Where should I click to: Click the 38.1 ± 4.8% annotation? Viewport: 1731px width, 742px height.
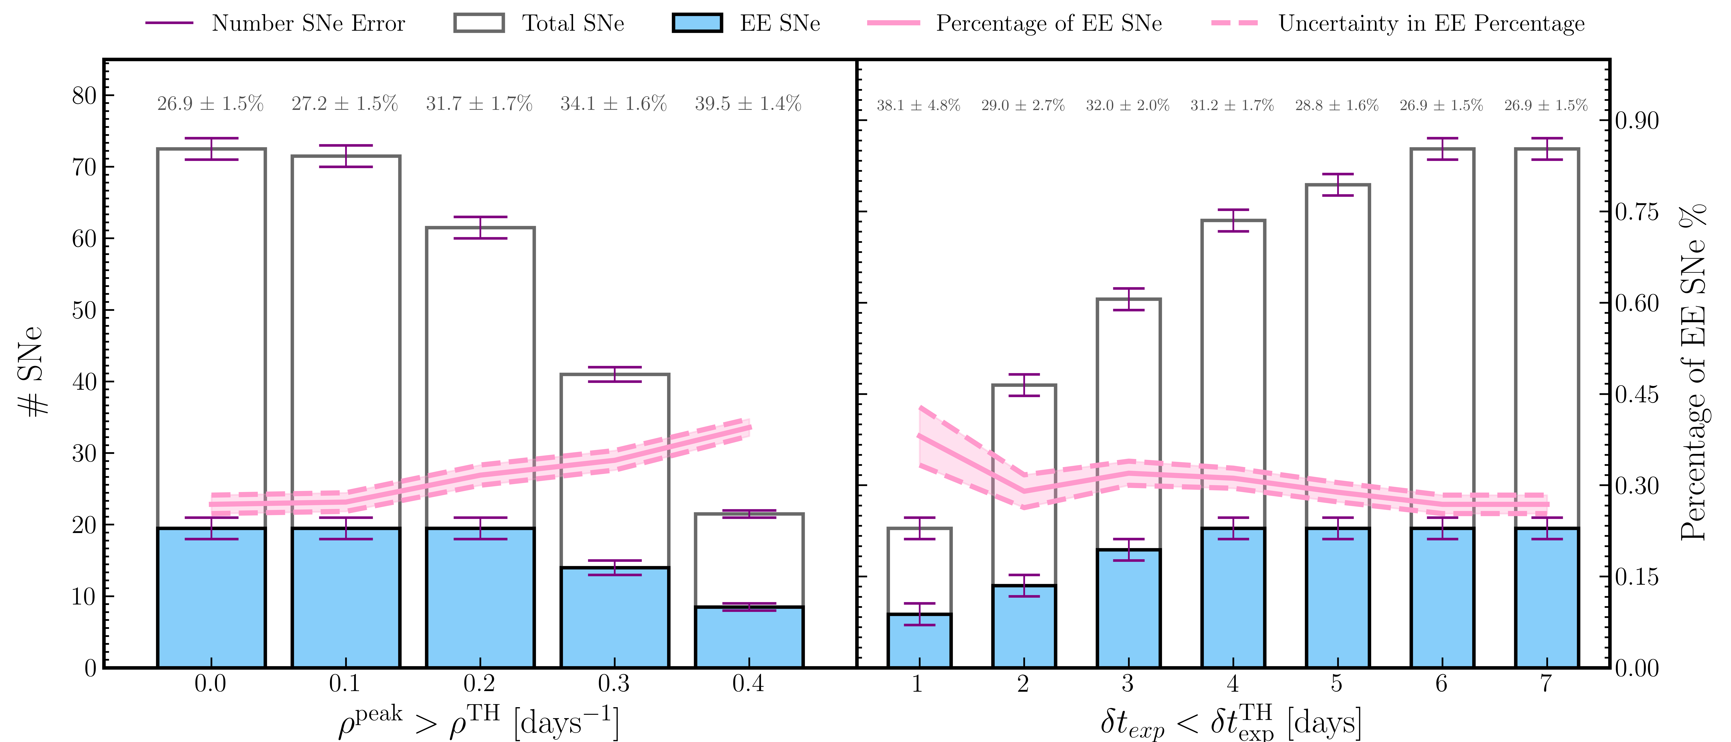[x=918, y=106]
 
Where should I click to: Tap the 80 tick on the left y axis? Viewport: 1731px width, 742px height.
[x=85, y=95]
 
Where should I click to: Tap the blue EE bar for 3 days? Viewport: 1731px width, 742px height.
[x=1128, y=608]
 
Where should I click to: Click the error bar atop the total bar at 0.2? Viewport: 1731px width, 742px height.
[x=480, y=228]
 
